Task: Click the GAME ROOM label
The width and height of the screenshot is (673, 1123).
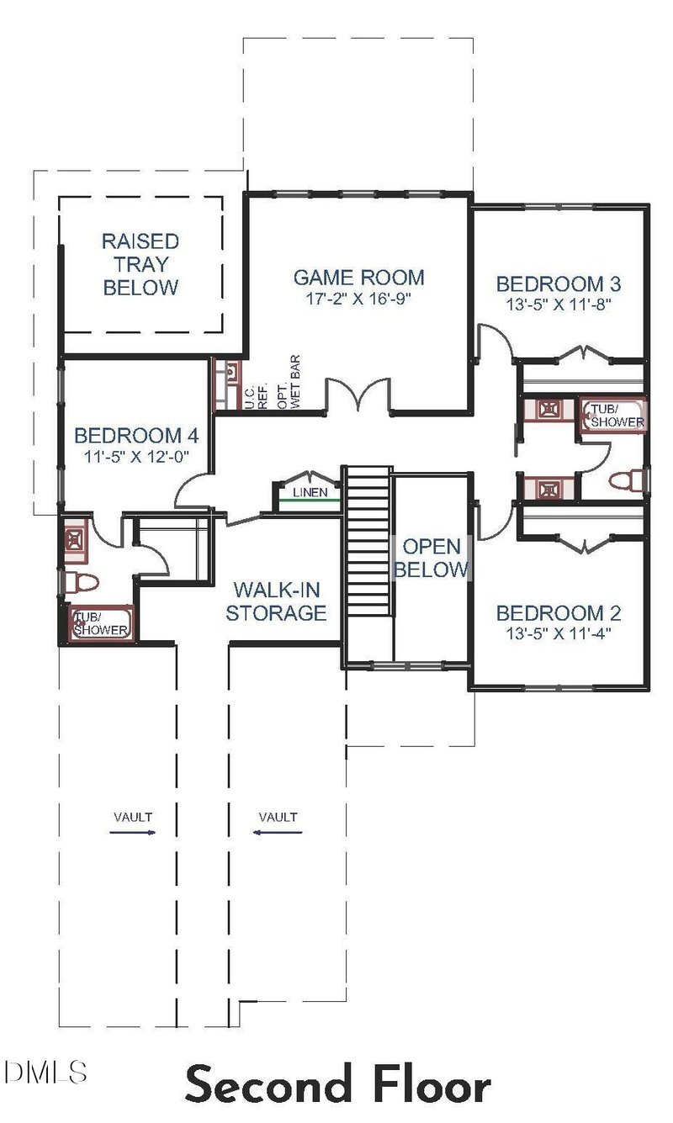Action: (x=358, y=277)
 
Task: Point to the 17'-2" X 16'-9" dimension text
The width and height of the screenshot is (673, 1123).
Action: (x=358, y=298)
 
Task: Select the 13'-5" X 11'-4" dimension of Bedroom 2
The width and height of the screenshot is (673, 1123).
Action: (x=558, y=633)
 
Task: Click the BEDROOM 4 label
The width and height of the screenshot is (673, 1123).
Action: (x=136, y=436)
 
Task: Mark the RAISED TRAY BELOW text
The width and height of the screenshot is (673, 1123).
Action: (x=140, y=264)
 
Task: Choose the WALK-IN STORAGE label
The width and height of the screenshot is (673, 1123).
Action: (x=275, y=601)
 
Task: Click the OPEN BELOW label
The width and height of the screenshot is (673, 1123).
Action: (x=431, y=557)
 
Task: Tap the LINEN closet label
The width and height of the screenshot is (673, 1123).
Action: (x=310, y=492)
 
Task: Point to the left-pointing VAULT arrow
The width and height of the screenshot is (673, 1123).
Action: (x=278, y=832)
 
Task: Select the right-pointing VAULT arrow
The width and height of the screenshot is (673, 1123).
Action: (x=134, y=832)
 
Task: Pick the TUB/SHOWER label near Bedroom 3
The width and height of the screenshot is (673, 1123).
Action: (x=615, y=416)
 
